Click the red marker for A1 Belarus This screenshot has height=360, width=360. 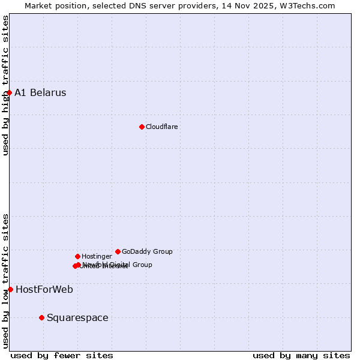pyautogui.click(x=9, y=92)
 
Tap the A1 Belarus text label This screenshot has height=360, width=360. pyautogui.click(x=40, y=92)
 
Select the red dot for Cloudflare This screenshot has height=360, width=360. pyautogui.click(x=142, y=127)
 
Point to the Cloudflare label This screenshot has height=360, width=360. pyautogui.click(x=161, y=127)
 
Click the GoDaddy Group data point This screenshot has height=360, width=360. pyautogui.click(x=118, y=251)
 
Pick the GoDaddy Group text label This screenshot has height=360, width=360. pyautogui.click(x=147, y=251)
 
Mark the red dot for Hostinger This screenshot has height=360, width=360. pyautogui.click(x=77, y=256)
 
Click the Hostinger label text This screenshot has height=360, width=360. pyautogui.click(x=97, y=256)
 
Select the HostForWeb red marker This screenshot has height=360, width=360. pyautogui.click(x=10, y=289)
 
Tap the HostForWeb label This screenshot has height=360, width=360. pyautogui.click(x=44, y=289)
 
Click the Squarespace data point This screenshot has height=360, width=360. pyautogui.click(x=41, y=317)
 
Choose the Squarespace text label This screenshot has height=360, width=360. pyautogui.click(x=77, y=317)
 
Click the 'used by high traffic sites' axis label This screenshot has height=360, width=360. pyautogui.click(x=5, y=85)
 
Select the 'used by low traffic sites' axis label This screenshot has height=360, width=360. pyautogui.click(x=5, y=281)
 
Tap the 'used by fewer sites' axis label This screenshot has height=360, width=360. pyautogui.click(x=62, y=355)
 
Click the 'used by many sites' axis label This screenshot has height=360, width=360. pyautogui.click(x=301, y=355)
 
